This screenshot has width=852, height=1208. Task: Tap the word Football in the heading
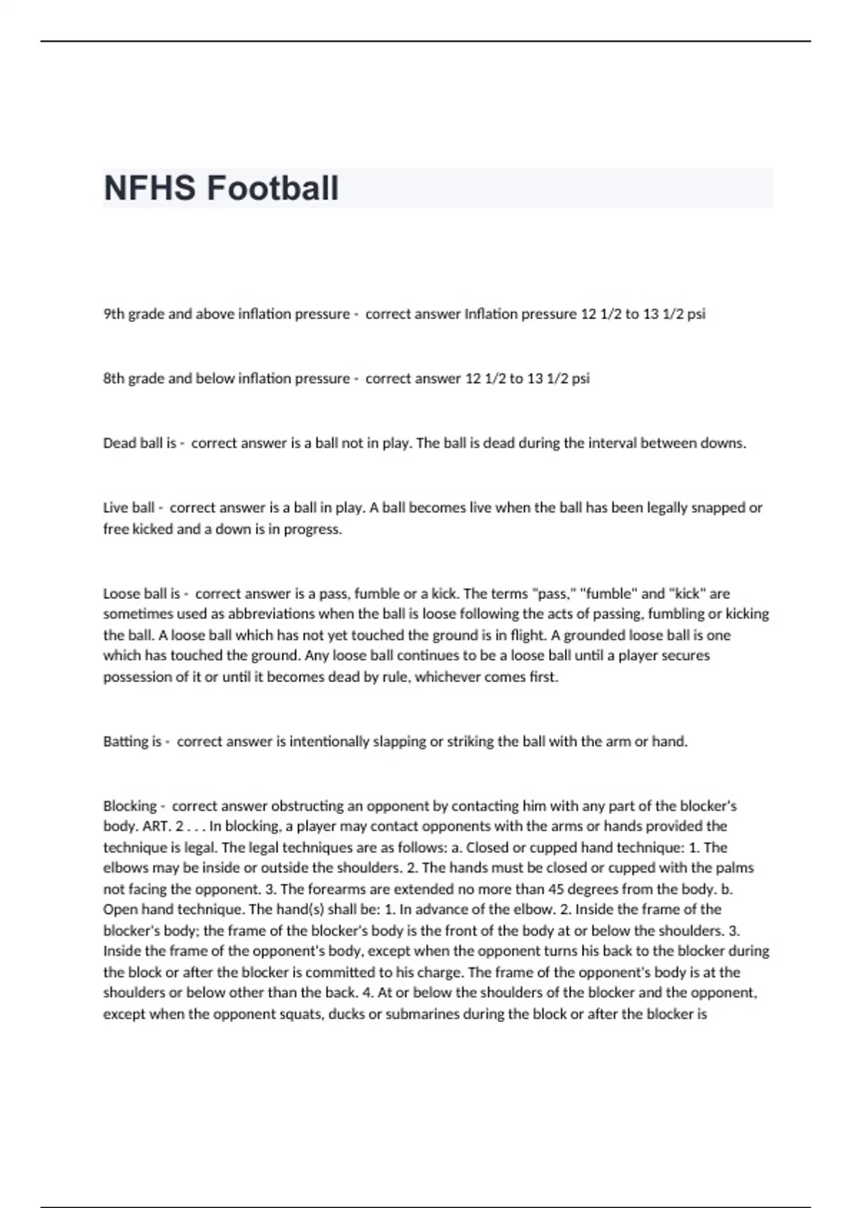273,188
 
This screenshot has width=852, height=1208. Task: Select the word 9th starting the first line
114,313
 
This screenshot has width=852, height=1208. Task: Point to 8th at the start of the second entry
114,378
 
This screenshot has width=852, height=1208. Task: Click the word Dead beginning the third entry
119,443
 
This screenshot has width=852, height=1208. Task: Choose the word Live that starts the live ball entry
115,507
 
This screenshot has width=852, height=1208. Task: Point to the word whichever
447,676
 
